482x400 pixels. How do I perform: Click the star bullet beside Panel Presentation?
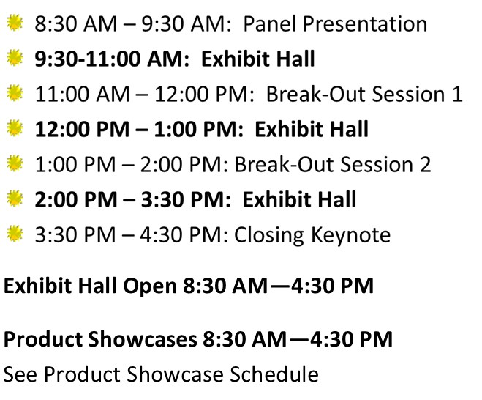[15, 23]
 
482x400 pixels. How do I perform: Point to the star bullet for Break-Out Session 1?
[15, 93]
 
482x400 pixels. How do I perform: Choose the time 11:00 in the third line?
[62, 94]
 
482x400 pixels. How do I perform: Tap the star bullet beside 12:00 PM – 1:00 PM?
[15, 128]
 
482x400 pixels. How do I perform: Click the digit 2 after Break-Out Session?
[425, 164]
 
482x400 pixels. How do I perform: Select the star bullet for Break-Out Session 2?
[15, 163]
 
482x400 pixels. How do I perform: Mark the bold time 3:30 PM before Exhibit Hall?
[183, 199]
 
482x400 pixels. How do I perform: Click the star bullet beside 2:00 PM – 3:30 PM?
[15, 199]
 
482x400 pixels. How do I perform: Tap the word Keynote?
[350, 236]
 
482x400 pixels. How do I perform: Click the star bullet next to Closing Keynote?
[15, 234]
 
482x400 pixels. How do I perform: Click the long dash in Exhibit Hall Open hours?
[279, 286]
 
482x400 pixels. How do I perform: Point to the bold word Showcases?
[143, 339]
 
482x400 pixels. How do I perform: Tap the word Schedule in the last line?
[274, 374]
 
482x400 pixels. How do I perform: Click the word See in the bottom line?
[20, 374]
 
